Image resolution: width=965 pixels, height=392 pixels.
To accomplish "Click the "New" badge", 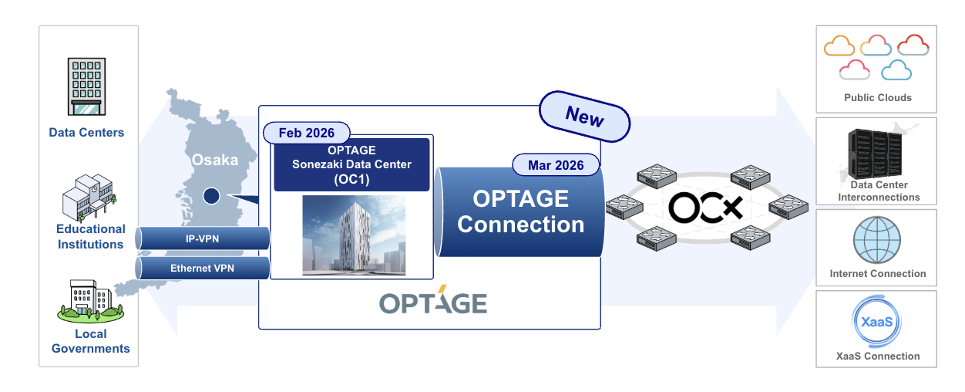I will pyautogui.click(x=585, y=117).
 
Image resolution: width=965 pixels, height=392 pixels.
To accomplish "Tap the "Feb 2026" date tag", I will pyautogui.click(x=307, y=133).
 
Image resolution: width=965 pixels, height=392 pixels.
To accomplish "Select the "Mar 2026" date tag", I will pyautogui.click(x=556, y=164).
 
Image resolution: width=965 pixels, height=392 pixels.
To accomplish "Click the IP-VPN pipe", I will pyautogui.click(x=203, y=239).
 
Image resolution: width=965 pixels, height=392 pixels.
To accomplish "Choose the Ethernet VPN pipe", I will pyautogui.click(x=203, y=269).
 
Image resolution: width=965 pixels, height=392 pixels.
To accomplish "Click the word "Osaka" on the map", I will pyautogui.click(x=215, y=161).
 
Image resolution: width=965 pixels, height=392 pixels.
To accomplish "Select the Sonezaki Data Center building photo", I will pyautogui.click(x=353, y=235).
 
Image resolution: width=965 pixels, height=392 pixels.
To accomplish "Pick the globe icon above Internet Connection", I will pyautogui.click(x=876, y=239).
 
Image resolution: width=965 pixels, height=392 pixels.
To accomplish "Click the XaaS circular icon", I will pyautogui.click(x=876, y=322).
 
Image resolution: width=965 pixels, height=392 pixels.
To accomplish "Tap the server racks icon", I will pyautogui.click(x=874, y=153).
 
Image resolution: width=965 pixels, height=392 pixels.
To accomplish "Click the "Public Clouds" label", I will pyautogui.click(x=877, y=98).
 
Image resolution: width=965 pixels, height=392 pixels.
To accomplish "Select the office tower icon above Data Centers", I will pyautogui.click(x=86, y=86).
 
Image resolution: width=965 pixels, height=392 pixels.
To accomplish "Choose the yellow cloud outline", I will pyautogui.click(x=839, y=46).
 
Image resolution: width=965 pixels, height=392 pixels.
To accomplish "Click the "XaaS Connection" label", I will pyautogui.click(x=878, y=356).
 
